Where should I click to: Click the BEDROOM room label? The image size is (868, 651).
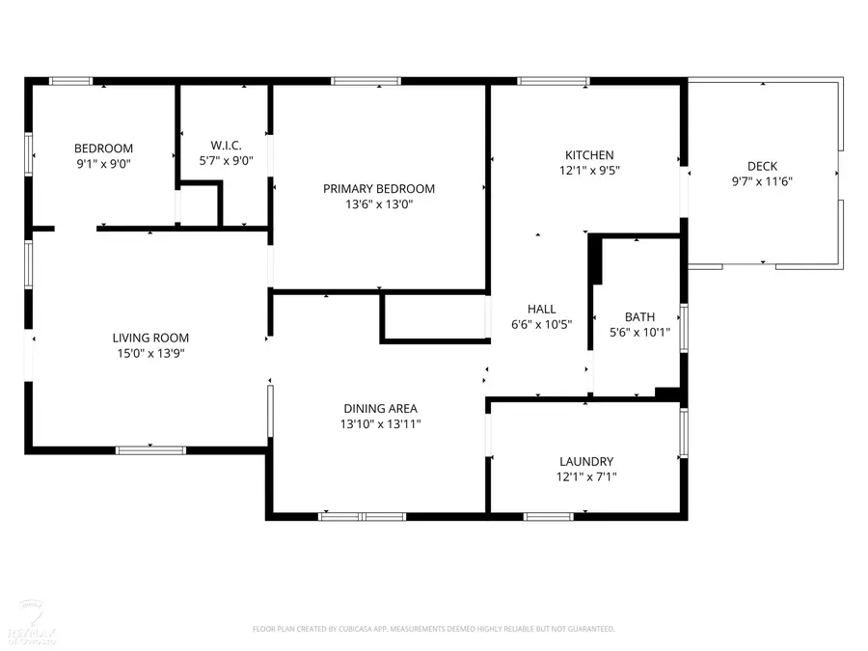click(x=103, y=149)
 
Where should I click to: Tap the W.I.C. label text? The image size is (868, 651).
click(x=225, y=146)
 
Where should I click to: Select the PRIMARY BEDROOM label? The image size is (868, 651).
click(x=378, y=189)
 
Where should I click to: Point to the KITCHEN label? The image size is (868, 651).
click(x=588, y=155)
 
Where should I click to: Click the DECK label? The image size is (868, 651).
click(x=762, y=166)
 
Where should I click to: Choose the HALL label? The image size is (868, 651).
click(x=541, y=310)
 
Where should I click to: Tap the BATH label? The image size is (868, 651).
click(x=639, y=316)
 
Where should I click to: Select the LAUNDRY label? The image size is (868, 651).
click(x=586, y=462)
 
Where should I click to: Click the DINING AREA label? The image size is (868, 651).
click(x=379, y=409)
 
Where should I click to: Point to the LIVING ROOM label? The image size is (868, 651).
click(x=150, y=339)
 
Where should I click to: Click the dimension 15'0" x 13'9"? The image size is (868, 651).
click(x=150, y=354)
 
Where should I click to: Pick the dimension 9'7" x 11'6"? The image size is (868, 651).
click(x=762, y=181)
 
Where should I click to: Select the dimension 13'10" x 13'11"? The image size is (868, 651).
click(x=379, y=424)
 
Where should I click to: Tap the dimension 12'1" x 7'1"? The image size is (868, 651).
click(x=586, y=477)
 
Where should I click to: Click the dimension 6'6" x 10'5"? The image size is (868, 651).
click(x=541, y=325)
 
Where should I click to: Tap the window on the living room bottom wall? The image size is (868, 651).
click(x=150, y=449)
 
